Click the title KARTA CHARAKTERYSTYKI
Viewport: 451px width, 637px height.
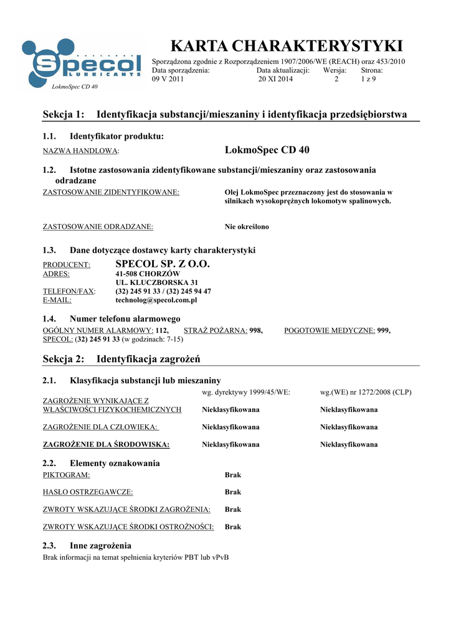click(x=287, y=46)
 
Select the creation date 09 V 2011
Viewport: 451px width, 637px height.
click(x=168, y=79)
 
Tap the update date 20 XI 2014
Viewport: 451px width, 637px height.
click(x=275, y=79)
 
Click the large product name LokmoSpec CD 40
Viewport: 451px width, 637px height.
click(x=267, y=150)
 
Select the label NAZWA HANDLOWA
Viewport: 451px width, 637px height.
click(x=80, y=151)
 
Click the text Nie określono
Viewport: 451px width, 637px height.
click(x=247, y=227)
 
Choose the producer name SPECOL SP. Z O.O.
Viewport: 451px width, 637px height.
click(x=163, y=264)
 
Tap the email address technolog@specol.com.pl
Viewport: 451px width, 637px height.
click(x=156, y=300)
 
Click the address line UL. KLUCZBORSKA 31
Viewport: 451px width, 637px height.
click(x=153, y=282)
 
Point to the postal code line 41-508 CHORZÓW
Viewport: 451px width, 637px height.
click(x=148, y=274)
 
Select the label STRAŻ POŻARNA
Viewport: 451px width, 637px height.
click(x=216, y=331)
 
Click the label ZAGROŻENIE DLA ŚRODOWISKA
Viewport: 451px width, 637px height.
click(x=106, y=445)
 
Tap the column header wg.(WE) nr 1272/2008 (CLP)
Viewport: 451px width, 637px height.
click(x=366, y=393)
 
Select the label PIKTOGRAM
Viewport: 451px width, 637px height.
click(x=66, y=475)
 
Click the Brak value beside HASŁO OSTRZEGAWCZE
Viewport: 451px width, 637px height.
click(x=233, y=492)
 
